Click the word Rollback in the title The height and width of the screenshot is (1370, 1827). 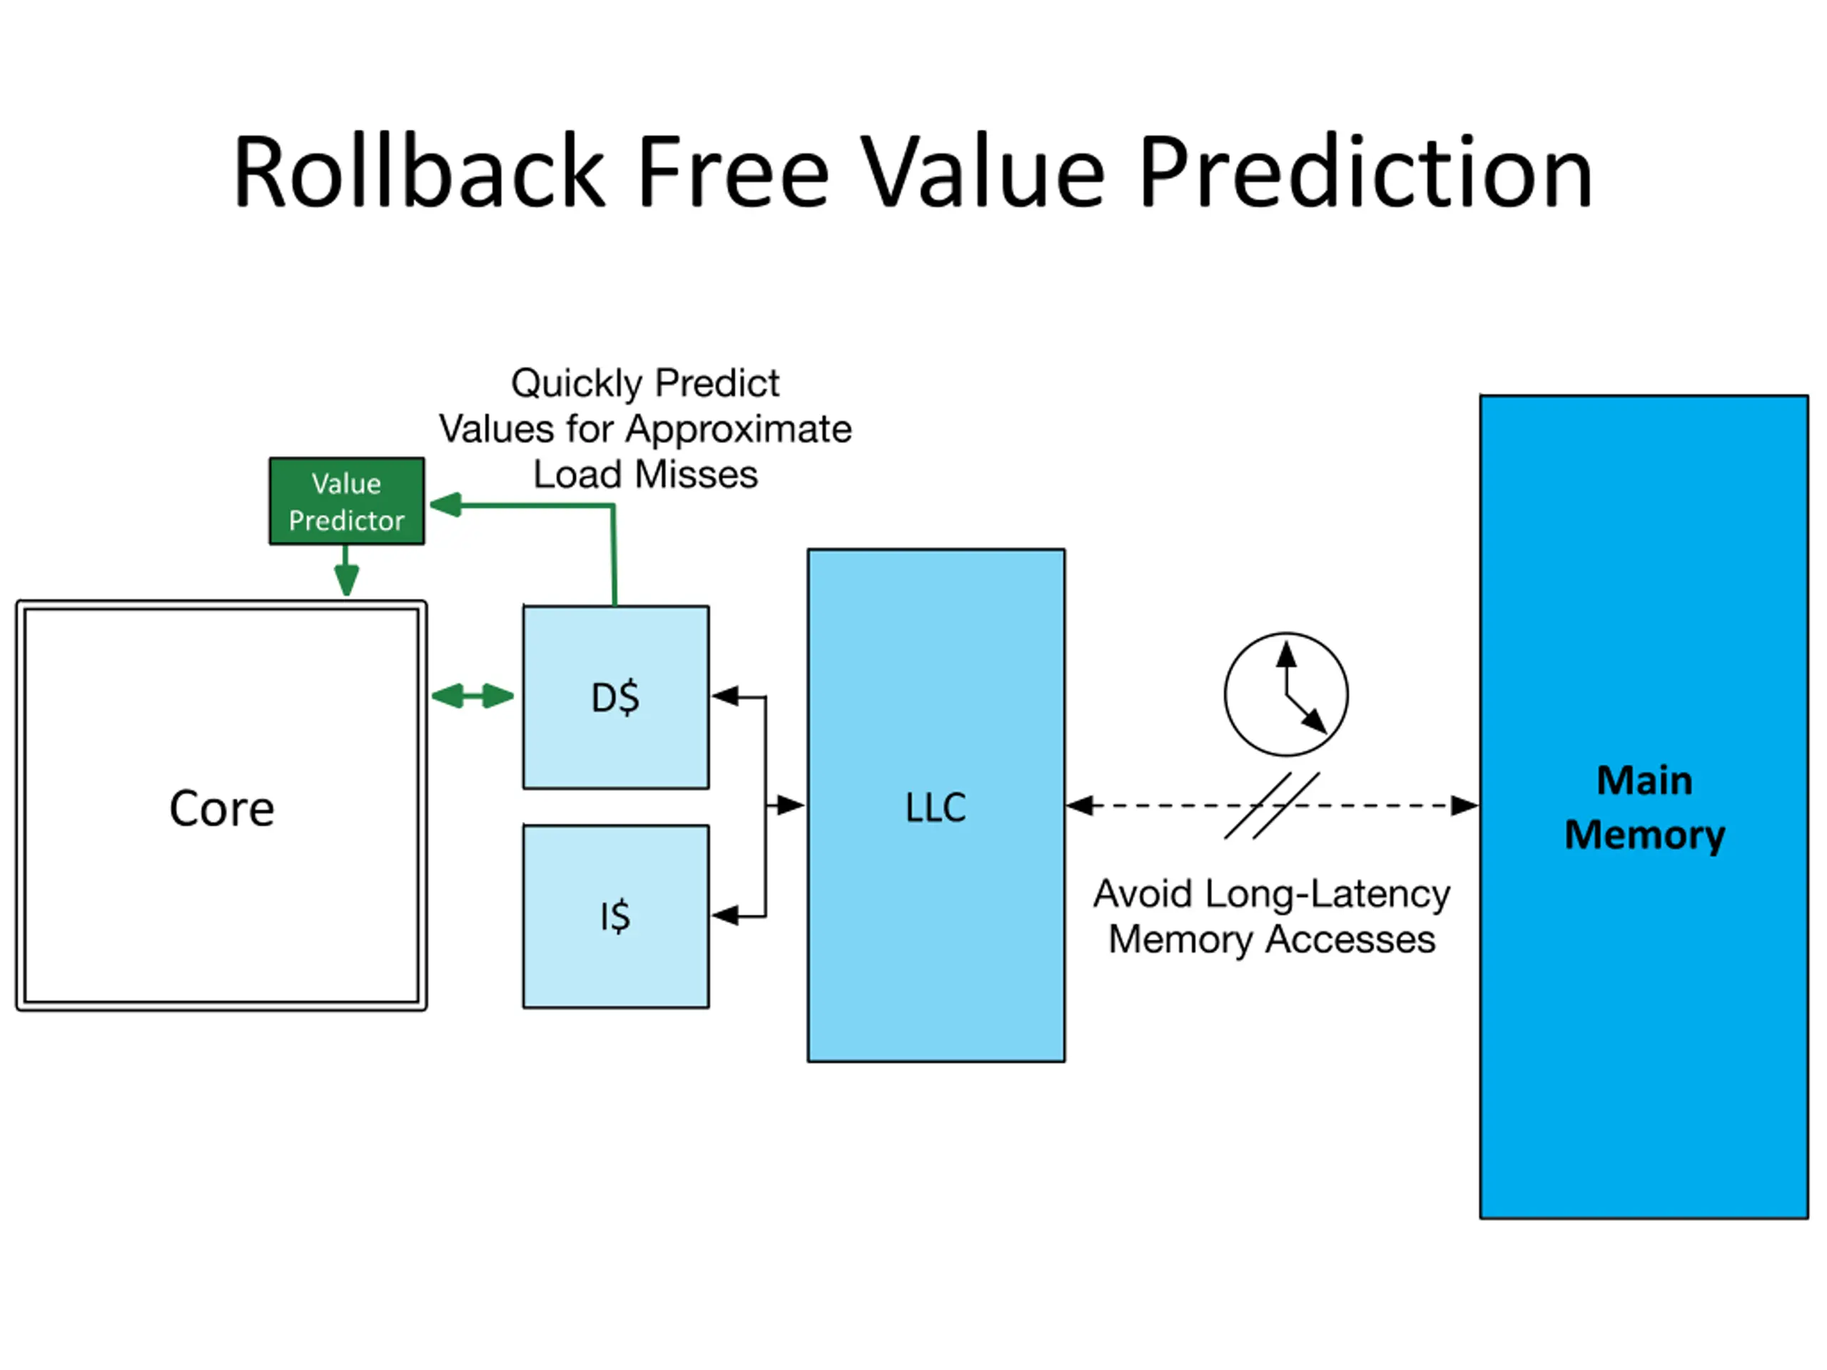[420, 172]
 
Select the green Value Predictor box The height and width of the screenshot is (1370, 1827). [347, 501]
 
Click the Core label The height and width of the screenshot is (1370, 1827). [221, 808]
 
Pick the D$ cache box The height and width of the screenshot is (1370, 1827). [616, 697]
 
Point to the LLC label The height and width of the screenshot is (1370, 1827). [936, 807]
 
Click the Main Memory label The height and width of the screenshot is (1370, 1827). [1644, 807]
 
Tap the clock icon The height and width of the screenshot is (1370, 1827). [1286, 694]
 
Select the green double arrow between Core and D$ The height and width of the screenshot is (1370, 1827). [472, 696]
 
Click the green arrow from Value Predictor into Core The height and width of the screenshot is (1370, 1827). [346, 570]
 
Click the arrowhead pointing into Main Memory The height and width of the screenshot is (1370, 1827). [1465, 805]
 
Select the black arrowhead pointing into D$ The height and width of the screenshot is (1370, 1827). [725, 697]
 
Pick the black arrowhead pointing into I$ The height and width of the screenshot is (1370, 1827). [725, 915]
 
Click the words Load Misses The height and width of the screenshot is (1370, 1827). [645, 475]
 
